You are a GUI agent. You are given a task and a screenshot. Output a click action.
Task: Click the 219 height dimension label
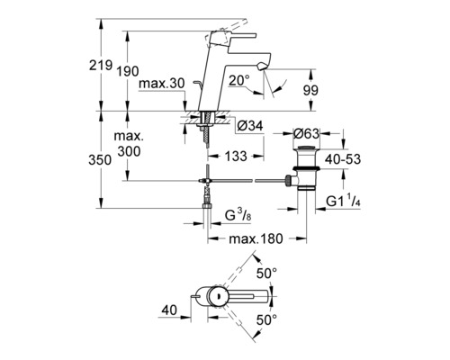click(x=101, y=65)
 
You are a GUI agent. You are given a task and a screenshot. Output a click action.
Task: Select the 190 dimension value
click(x=128, y=72)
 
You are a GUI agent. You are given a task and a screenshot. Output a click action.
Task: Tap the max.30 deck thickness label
click(x=162, y=84)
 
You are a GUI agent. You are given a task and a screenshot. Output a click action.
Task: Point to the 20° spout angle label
click(x=239, y=80)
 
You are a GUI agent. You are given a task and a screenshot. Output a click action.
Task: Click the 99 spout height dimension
click(x=310, y=90)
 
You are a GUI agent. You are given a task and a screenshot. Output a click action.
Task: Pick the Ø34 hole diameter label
click(x=250, y=126)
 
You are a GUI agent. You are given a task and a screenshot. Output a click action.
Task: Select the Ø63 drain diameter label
click(x=306, y=134)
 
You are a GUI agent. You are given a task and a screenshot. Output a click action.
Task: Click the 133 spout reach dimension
click(x=236, y=156)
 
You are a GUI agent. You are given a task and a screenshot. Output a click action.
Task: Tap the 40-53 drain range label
click(x=343, y=159)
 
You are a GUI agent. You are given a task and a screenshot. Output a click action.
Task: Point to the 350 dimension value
click(x=100, y=160)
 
